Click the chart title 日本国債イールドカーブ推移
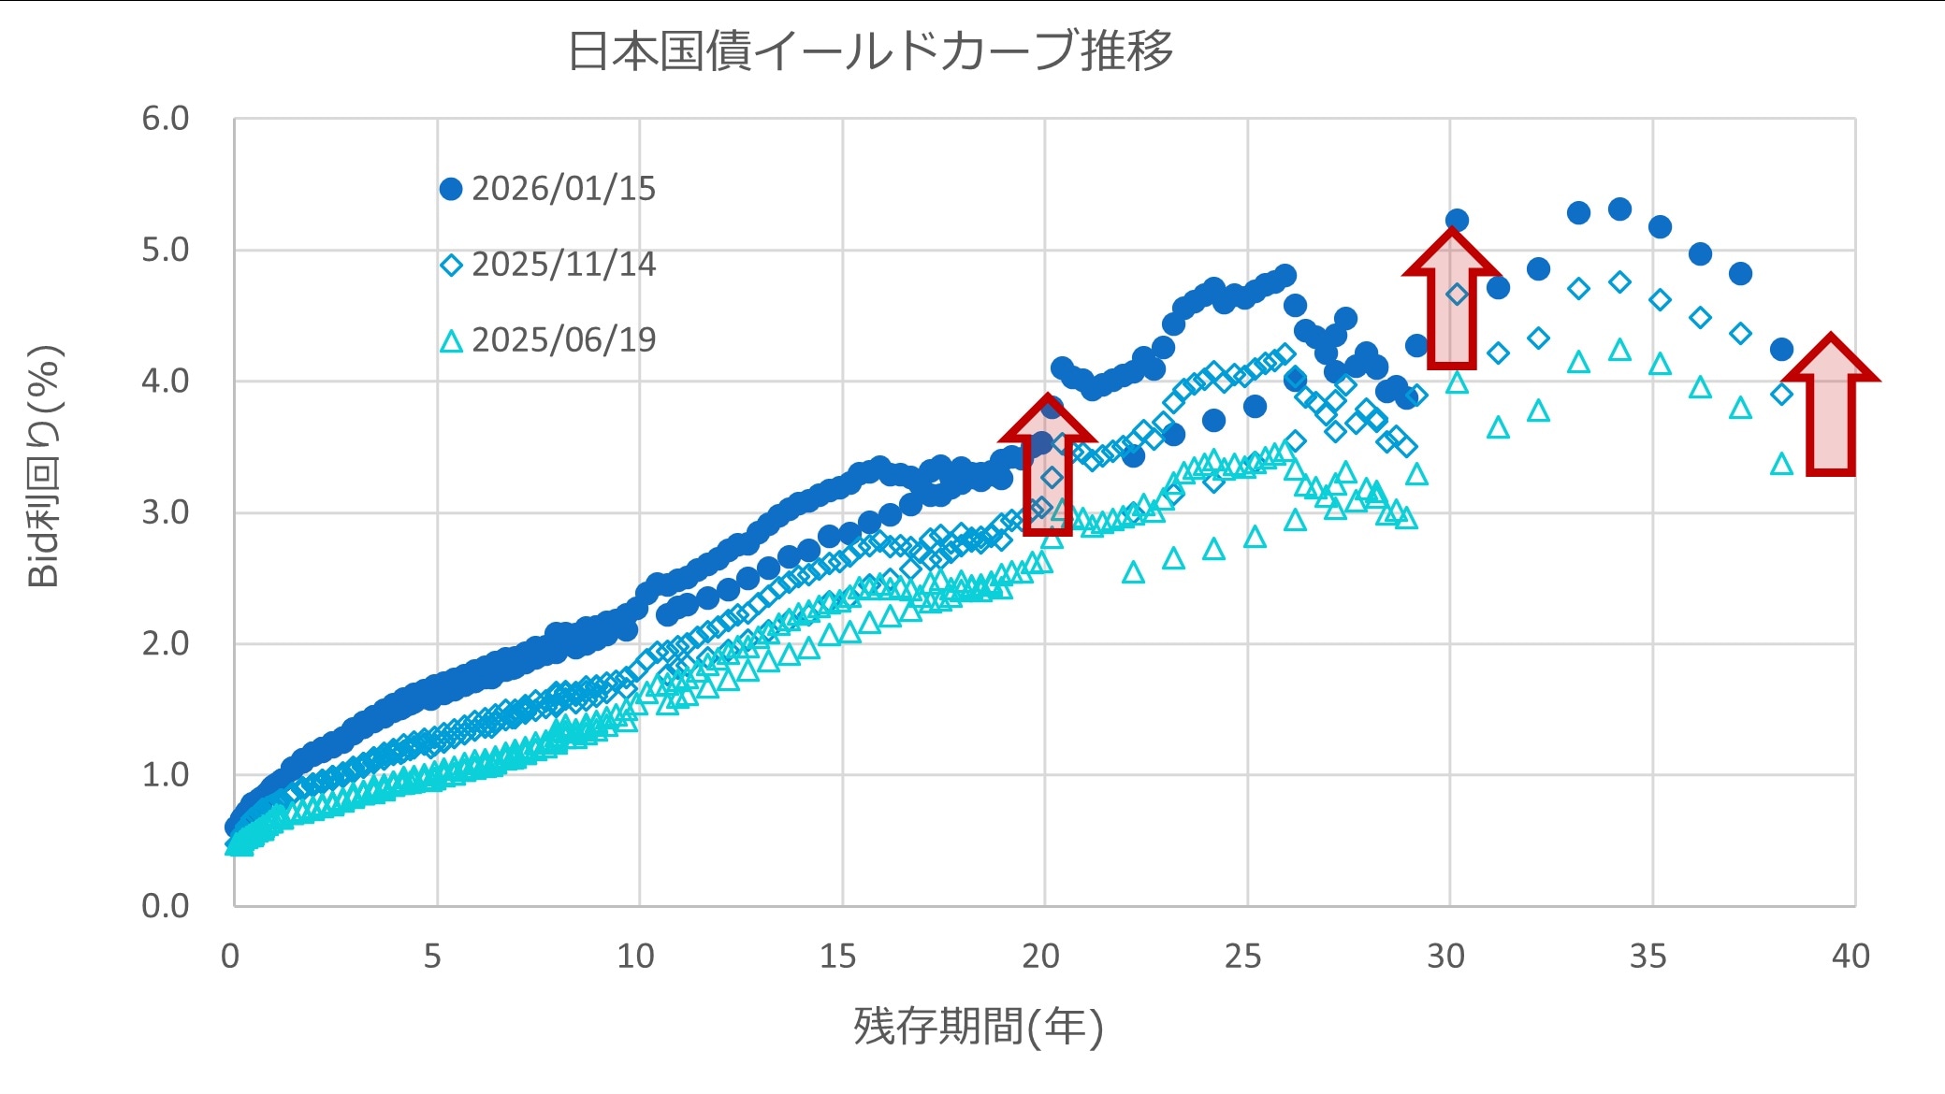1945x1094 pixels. pos(870,50)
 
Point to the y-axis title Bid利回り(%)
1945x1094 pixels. pos(44,466)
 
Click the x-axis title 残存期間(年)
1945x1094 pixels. pos(979,1027)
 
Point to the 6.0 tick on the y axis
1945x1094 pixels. pos(166,119)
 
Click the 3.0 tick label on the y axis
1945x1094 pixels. pos(166,512)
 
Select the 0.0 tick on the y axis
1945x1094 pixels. pos(166,905)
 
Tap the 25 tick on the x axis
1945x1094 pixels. pos(1242,956)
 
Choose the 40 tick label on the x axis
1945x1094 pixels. pos(1851,956)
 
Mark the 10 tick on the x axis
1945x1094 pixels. pos(635,956)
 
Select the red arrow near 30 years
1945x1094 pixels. pos(1451,299)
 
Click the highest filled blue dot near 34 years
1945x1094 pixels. pos(1619,209)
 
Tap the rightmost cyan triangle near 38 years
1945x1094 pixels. pos(1781,465)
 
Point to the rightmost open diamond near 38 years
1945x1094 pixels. pos(1781,395)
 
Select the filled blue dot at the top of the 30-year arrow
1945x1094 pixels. pos(1457,221)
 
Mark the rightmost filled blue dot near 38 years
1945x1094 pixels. pos(1781,350)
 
